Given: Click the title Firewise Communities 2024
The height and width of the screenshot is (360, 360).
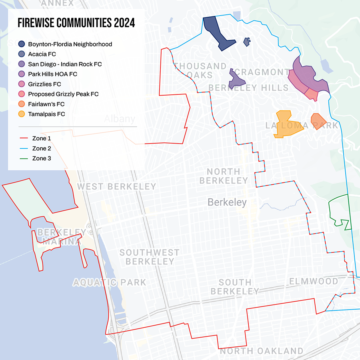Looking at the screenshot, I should tap(76, 23).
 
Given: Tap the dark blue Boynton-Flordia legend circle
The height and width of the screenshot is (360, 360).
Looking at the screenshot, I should tap(22, 44).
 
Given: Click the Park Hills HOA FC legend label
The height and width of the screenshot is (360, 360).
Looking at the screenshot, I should tap(52, 74).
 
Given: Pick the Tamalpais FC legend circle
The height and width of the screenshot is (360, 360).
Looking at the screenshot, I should tap(22, 114).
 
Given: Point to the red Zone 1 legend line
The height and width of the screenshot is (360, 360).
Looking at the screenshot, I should tap(24, 138).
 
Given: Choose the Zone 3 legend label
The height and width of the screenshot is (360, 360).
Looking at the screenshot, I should tap(42, 158).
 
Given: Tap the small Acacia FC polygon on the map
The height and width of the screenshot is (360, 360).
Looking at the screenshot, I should tap(247, 42).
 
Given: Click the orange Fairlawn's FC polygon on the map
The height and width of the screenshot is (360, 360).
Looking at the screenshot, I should tap(318, 120).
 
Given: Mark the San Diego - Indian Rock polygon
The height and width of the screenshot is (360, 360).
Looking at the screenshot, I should tap(236, 80).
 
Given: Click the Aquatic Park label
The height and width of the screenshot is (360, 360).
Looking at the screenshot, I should tap(109, 283).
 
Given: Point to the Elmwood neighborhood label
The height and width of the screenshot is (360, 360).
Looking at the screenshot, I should tap(314, 281).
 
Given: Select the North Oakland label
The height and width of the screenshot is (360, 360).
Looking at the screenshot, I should tap(261, 351).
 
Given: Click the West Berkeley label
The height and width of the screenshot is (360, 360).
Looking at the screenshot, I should tap(116, 187).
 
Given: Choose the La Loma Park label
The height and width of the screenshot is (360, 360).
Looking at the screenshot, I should tap(302, 125).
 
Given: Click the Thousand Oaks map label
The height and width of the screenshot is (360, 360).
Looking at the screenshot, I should tap(200, 70).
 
